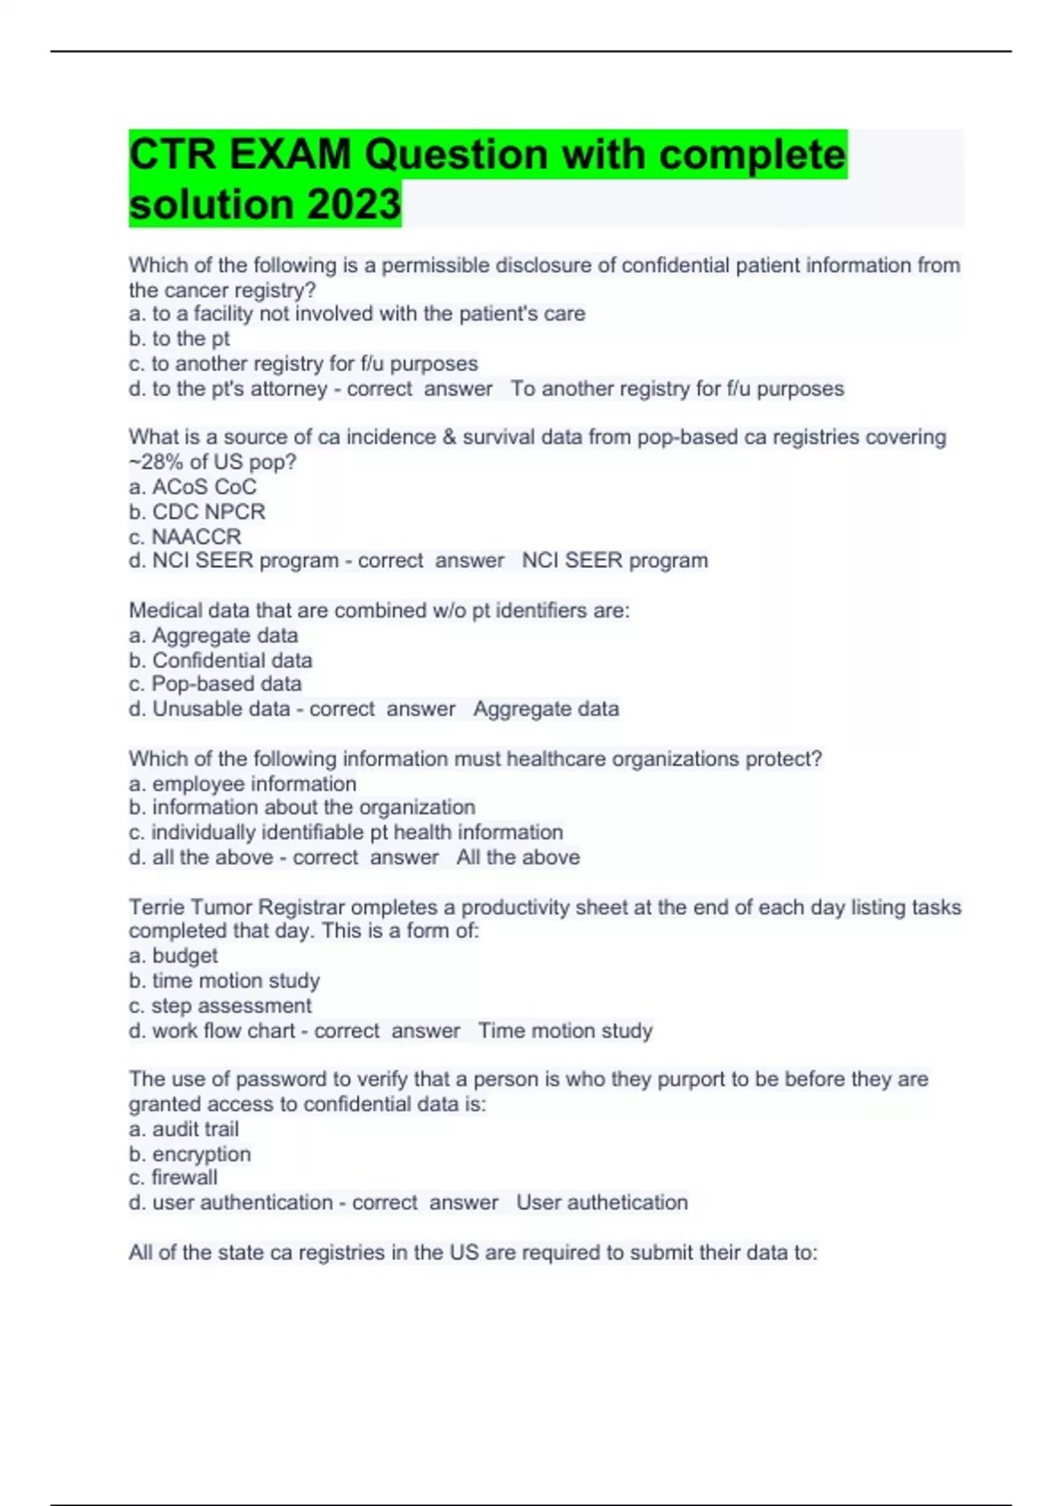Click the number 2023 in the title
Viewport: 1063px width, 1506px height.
(x=353, y=205)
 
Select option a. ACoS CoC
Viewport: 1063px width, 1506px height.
(x=192, y=486)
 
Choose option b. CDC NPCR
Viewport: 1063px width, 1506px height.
(x=197, y=511)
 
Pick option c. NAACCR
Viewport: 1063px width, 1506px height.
(x=184, y=536)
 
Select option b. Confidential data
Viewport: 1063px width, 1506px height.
(x=221, y=660)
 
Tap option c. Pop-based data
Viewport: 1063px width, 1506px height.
(x=215, y=684)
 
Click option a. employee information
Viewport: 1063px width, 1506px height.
(x=243, y=783)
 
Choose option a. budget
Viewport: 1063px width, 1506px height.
(x=173, y=955)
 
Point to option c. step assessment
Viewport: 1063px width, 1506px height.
(x=220, y=1005)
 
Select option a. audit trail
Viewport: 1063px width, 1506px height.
(x=183, y=1129)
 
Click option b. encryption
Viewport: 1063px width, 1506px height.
(x=190, y=1153)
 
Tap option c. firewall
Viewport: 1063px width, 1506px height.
(x=173, y=1177)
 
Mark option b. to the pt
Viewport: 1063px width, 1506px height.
(x=179, y=338)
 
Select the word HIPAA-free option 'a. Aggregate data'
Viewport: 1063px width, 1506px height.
(x=213, y=635)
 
